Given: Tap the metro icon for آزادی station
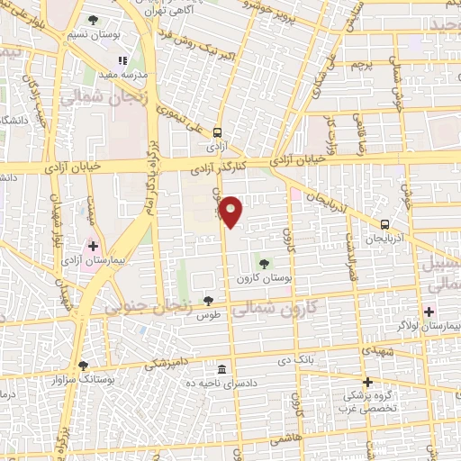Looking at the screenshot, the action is click(216, 131).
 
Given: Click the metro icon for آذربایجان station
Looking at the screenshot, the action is click(384, 225).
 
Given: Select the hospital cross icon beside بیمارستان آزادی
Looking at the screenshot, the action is click(93, 246).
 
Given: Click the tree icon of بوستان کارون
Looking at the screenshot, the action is click(264, 264).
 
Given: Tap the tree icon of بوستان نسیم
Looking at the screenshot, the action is click(95, 20).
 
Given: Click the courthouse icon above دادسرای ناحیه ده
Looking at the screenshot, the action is click(221, 368).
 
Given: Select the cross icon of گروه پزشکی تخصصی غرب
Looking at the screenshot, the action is click(367, 382).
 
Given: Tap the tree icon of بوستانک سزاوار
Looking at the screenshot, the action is click(83, 366).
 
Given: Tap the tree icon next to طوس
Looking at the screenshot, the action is click(209, 301).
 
